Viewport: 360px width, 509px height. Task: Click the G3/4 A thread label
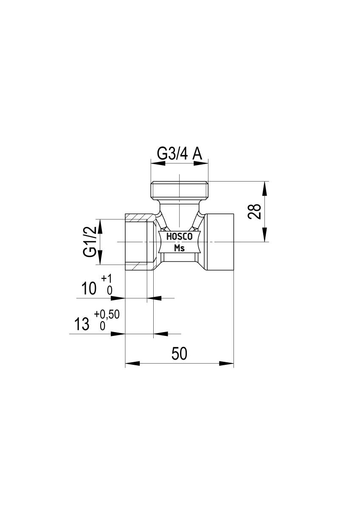(x=179, y=154)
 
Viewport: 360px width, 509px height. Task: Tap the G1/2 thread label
(x=90, y=242)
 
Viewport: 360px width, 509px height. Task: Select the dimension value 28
(x=254, y=211)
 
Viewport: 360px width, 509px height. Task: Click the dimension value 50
(x=179, y=354)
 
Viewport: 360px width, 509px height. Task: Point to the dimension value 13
(x=82, y=324)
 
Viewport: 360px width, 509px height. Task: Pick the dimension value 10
(x=89, y=288)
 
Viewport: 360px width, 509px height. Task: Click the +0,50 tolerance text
(x=107, y=315)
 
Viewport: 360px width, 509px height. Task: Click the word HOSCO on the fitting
(x=180, y=237)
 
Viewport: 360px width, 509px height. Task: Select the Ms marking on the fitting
(x=180, y=248)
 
